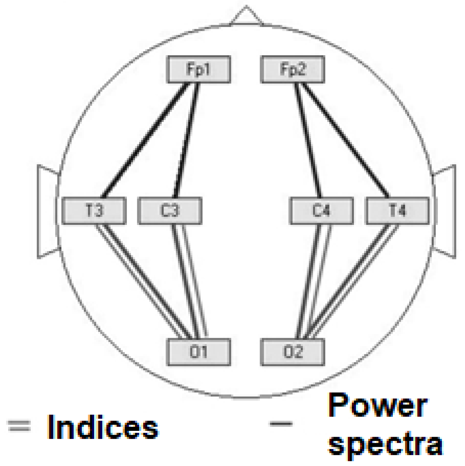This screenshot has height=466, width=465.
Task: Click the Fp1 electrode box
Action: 199,69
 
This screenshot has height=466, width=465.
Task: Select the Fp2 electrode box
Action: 293,69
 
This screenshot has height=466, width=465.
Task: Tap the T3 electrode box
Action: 94,210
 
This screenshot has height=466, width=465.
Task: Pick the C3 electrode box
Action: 170,210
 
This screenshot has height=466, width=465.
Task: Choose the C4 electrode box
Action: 322,210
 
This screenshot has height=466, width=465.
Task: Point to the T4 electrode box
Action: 397,210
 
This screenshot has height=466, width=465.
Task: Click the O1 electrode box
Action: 199,352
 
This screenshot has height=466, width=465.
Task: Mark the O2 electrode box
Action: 293,352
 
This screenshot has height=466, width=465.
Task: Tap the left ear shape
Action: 47,211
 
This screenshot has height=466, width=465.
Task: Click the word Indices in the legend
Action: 103,427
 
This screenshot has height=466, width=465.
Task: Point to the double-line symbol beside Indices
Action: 19,426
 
